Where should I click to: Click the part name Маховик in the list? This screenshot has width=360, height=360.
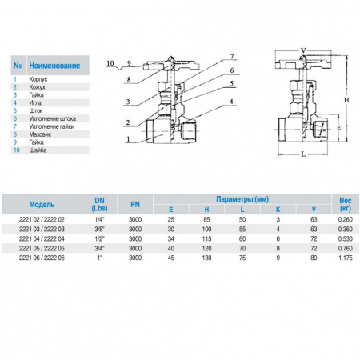(40, 134)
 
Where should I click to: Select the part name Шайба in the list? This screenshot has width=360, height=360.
(38, 150)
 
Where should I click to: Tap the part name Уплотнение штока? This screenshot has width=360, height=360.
(53, 118)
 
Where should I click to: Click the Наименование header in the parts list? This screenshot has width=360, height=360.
(54, 66)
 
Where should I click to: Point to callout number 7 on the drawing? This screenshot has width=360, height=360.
(232, 57)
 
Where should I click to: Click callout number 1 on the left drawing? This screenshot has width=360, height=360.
(128, 139)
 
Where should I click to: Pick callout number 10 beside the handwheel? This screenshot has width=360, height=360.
(110, 63)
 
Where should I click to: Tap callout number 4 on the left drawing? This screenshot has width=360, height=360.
(231, 102)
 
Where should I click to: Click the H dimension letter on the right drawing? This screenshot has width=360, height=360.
(346, 100)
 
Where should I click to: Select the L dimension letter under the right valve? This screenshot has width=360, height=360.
(303, 154)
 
